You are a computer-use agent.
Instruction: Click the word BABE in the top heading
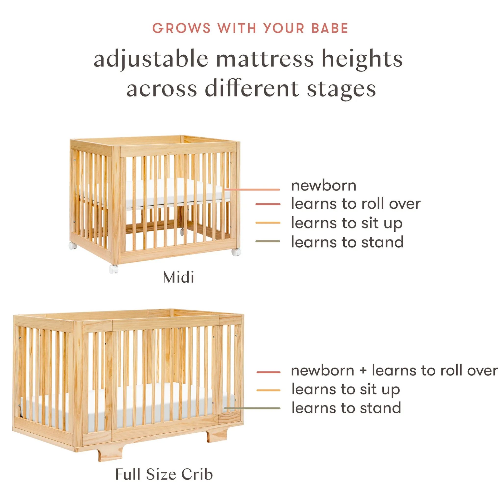tap(329, 28)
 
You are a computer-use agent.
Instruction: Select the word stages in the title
tap(341, 89)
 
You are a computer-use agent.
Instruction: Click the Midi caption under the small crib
tap(178, 277)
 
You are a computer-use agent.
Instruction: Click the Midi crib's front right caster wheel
tap(236, 251)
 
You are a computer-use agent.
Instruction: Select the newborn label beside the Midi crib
tap(324, 186)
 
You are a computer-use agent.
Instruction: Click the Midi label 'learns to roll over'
tap(355, 203)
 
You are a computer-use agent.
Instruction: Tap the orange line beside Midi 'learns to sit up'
tap(268, 223)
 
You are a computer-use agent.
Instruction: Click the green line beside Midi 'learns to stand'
tap(268, 241)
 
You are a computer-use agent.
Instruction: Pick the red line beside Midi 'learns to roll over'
tap(268, 204)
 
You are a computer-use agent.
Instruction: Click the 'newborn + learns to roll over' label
tap(394, 370)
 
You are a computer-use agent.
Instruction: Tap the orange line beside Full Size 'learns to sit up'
tap(268, 390)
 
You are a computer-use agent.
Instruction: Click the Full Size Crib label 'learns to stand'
tap(346, 408)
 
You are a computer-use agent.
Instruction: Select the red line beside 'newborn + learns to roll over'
tap(268, 372)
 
